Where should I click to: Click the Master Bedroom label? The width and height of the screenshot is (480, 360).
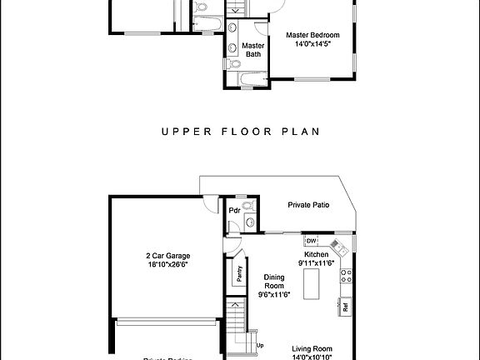[313, 35]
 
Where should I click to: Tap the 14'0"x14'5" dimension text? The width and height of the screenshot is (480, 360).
[313, 45]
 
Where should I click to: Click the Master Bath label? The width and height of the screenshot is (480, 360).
[252, 50]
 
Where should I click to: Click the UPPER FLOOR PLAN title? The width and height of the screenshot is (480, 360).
[241, 132]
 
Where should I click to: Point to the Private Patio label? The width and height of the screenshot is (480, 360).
[309, 204]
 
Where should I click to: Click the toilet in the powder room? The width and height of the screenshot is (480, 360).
[247, 209]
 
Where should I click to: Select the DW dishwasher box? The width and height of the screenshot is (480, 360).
[310, 242]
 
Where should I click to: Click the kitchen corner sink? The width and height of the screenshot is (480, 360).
[338, 247]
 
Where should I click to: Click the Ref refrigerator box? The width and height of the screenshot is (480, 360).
[345, 307]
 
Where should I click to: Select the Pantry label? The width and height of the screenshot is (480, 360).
[239, 274]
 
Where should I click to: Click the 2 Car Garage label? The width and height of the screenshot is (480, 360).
[162, 256]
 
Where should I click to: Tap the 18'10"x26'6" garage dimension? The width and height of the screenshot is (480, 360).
[162, 265]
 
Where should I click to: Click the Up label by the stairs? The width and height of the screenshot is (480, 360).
[260, 345]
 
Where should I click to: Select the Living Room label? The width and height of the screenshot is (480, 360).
[312, 348]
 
